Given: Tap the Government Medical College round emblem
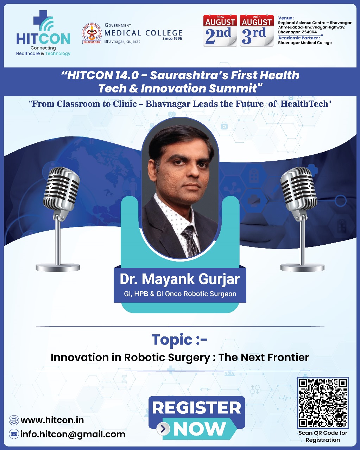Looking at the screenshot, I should pyautogui.click(x=91, y=33).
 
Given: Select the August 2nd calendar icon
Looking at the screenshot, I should pyautogui.click(x=220, y=31).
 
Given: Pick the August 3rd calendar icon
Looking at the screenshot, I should pyautogui.click(x=257, y=31).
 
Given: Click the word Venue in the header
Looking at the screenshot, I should pyautogui.click(x=286, y=18).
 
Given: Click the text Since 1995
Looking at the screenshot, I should pyautogui.click(x=172, y=39).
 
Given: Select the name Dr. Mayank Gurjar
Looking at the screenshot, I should pyautogui.click(x=179, y=279).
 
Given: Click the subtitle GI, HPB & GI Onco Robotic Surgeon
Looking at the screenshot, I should pyautogui.click(x=179, y=294).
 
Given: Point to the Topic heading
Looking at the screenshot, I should pyautogui.click(x=179, y=340).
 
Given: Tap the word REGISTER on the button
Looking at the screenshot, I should pyautogui.click(x=196, y=408).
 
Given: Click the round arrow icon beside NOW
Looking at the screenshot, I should pyautogui.click(x=163, y=429).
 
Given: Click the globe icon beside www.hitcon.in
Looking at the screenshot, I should pyautogui.click(x=14, y=420).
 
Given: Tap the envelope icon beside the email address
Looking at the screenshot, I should pyautogui.click(x=14, y=434).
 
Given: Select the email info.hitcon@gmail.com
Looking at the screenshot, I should pyautogui.click(x=72, y=434).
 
